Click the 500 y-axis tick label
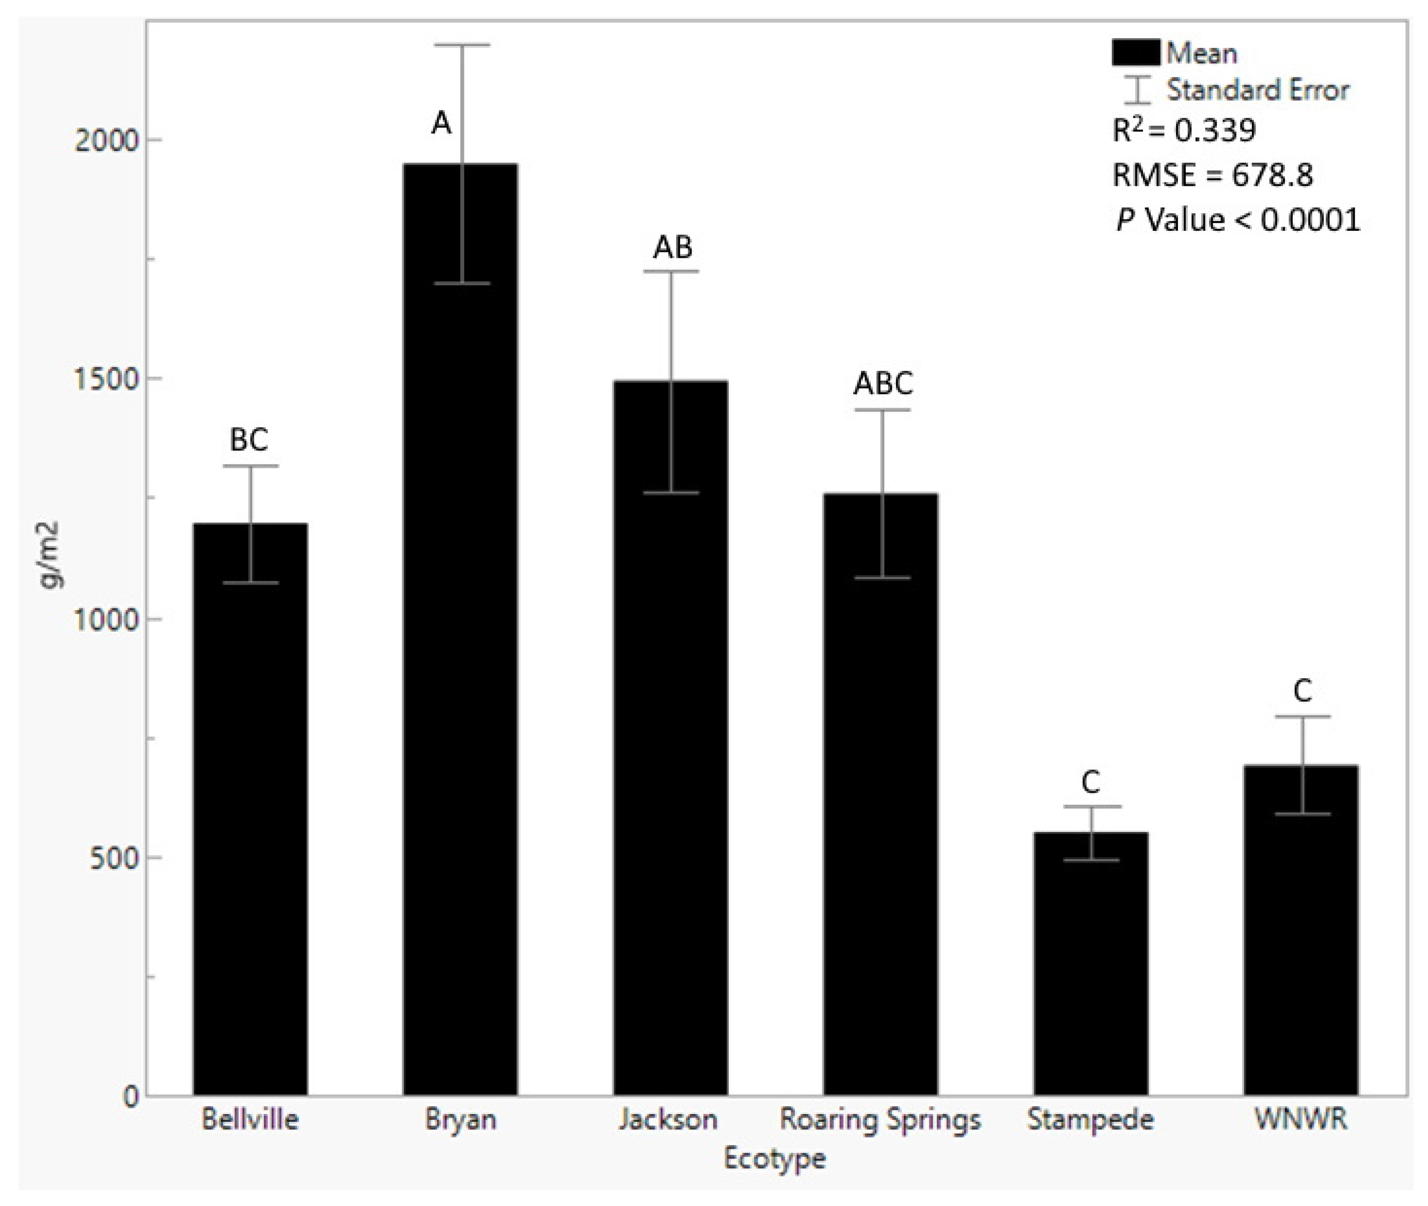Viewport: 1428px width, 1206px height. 113,858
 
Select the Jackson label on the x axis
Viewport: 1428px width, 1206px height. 668,1120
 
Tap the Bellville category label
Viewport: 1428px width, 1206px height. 250,1120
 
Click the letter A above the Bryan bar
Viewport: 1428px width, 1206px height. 442,124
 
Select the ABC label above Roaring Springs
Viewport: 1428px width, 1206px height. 883,384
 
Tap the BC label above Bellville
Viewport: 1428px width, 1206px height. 249,440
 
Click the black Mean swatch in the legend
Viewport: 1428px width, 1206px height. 1135,53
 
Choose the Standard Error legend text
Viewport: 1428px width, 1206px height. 1257,89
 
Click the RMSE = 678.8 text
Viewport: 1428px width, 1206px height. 1213,175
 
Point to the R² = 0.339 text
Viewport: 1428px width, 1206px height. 1184,130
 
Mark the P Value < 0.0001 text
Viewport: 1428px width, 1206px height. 1238,220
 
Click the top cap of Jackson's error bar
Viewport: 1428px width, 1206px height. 670,272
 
